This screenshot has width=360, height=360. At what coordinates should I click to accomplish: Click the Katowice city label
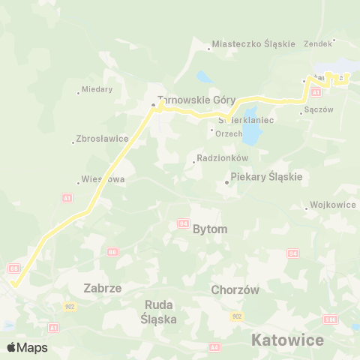[287, 340]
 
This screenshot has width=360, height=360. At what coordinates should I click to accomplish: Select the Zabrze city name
[103, 287]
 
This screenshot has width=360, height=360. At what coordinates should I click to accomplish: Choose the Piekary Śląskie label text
[265, 177]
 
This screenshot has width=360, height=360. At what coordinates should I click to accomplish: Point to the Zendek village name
[317, 43]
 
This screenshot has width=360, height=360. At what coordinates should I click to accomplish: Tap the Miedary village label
[97, 89]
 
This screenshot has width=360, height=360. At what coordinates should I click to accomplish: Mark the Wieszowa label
[103, 180]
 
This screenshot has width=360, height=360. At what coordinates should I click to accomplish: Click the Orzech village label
[228, 133]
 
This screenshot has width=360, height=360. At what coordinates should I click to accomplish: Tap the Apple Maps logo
[27, 347]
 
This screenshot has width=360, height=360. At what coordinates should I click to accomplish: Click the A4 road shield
[214, 346]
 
